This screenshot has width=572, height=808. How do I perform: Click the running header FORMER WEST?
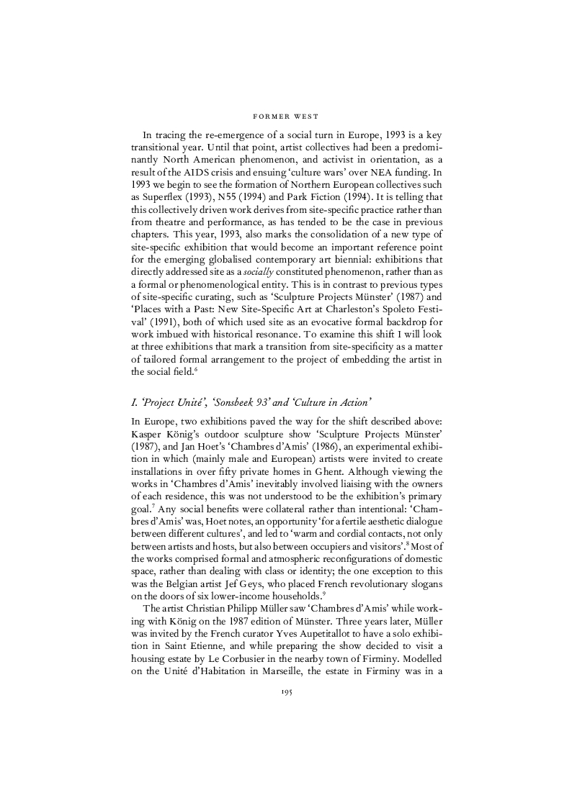coord(286,115)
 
